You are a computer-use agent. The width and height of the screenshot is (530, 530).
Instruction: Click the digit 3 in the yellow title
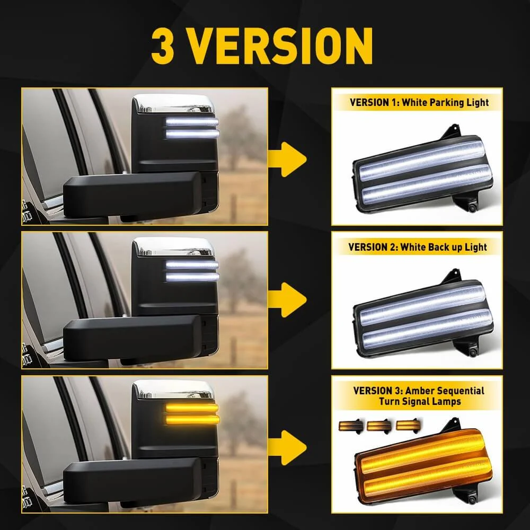click(163, 46)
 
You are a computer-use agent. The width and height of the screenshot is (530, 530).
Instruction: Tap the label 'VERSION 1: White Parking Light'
click(419, 102)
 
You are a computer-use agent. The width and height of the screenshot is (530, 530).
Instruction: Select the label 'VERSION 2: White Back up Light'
click(418, 247)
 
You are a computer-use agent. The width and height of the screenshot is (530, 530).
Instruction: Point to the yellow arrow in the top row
click(287, 159)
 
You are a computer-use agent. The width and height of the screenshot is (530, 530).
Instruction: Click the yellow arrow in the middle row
click(287, 300)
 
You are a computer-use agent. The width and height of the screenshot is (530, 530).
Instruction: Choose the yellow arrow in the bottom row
click(287, 447)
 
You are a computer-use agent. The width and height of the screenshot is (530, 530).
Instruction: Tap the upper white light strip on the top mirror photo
click(192, 122)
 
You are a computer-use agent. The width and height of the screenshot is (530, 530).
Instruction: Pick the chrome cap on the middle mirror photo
click(173, 246)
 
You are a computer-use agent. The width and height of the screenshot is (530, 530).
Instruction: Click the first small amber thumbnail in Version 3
click(350, 426)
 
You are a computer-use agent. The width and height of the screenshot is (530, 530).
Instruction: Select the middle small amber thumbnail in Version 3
click(379, 426)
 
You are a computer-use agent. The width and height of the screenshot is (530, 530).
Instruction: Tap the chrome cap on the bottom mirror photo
click(173, 389)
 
